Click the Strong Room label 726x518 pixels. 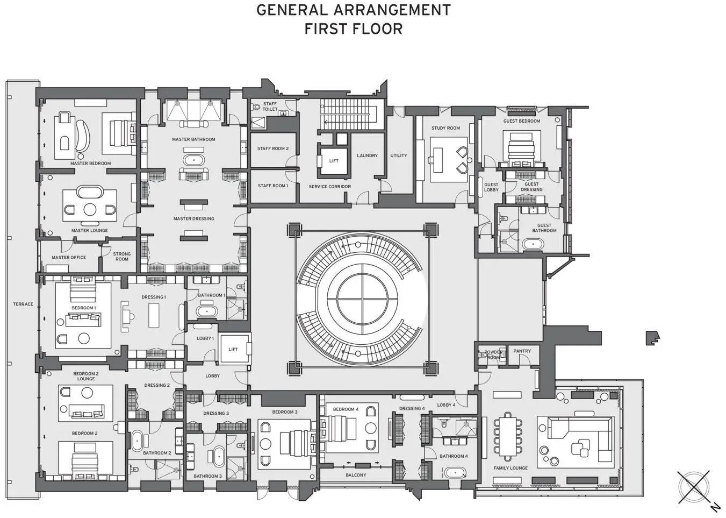(x=122, y=256)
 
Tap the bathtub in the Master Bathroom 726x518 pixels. (x=194, y=160)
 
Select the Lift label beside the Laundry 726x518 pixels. (x=334, y=161)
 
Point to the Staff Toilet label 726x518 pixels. (x=270, y=107)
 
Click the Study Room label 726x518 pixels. (x=445, y=128)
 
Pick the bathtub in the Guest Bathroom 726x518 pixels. (x=533, y=244)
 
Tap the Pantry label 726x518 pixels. (x=522, y=351)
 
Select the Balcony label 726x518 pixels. (x=356, y=475)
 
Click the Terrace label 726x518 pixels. (x=23, y=304)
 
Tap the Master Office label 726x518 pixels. (x=69, y=257)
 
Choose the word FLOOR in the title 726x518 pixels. (x=377, y=29)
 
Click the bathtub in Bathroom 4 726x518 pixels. (x=455, y=473)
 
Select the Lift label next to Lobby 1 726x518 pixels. (x=233, y=349)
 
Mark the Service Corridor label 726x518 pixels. (x=329, y=187)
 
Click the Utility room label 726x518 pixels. (x=399, y=155)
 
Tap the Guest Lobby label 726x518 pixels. (x=491, y=187)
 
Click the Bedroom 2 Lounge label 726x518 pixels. (x=86, y=376)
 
